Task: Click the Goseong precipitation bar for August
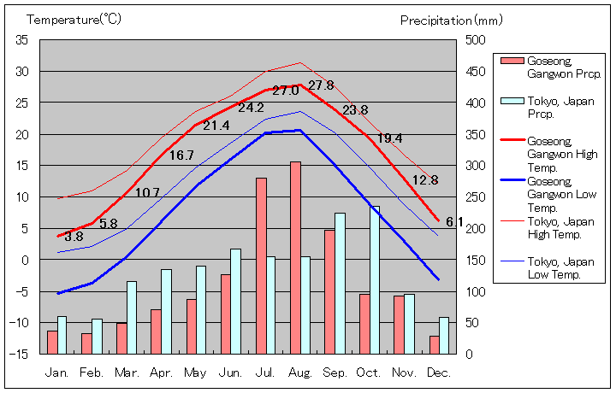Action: coord(295,257)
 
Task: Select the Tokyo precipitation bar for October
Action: coord(375,279)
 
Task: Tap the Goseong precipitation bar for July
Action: coord(261,266)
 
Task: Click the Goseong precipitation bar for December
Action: coord(435,344)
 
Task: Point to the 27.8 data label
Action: coord(321,85)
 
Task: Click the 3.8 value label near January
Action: coord(74,237)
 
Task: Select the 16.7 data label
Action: coord(181,155)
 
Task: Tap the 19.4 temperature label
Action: coord(389,138)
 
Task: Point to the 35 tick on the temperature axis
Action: coord(22,40)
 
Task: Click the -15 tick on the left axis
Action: coord(21,353)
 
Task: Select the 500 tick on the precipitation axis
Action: coord(476,40)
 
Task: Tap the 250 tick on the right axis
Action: coord(476,196)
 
